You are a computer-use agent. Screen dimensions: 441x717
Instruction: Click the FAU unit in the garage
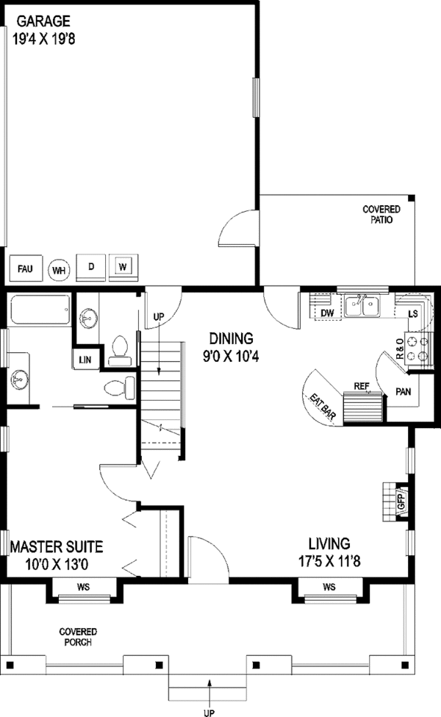(26, 268)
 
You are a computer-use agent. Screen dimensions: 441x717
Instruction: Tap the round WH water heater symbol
(59, 270)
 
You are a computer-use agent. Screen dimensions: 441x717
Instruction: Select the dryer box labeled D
(90, 267)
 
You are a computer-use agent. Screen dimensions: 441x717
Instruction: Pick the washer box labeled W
(123, 267)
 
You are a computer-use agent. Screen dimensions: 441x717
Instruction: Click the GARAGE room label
(43, 21)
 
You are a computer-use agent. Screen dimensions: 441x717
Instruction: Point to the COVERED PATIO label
(381, 214)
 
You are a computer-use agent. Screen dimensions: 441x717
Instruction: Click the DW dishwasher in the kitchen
(326, 307)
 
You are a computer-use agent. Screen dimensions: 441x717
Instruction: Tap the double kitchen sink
(362, 307)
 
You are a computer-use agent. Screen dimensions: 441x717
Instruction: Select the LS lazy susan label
(412, 314)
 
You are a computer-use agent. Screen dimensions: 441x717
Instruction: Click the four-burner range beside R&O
(419, 349)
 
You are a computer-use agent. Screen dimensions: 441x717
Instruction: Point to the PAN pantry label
(403, 391)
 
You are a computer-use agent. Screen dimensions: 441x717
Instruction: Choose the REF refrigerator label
(362, 386)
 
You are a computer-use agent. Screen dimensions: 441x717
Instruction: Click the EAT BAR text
(323, 406)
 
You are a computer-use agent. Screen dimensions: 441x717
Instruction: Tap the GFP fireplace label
(401, 502)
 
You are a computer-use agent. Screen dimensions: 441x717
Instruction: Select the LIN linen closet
(85, 360)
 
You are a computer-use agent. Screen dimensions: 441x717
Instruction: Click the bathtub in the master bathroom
(40, 310)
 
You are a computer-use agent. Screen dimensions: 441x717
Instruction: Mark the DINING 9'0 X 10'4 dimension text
(232, 356)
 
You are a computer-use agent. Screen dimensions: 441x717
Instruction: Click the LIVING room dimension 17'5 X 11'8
(329, 560)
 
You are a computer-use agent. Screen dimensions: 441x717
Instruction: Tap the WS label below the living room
(329, 587)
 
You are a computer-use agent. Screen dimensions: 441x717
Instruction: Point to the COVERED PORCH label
(78, 637)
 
